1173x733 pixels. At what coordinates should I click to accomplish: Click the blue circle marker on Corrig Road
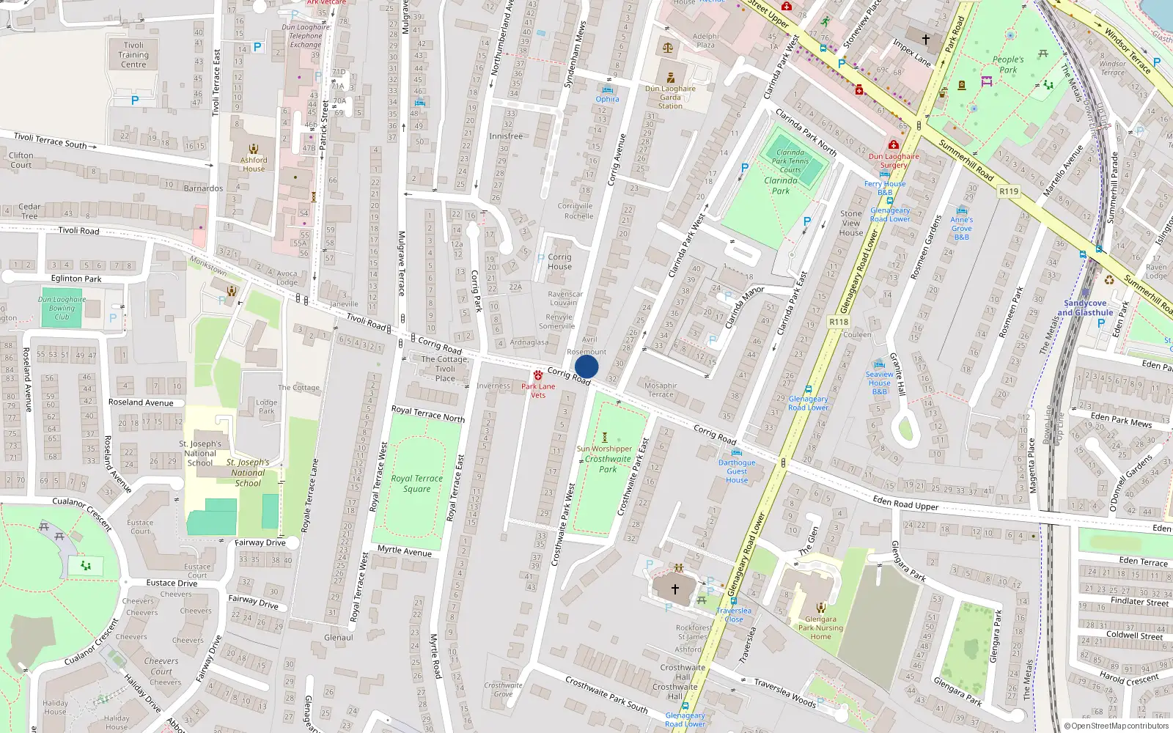coord(586,366)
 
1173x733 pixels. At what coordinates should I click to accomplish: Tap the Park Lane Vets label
coord(538,391)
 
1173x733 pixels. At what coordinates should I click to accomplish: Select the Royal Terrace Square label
coord(416,484)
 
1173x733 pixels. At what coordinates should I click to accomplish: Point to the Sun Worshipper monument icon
coord(605,438)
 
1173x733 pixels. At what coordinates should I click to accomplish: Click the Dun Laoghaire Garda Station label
coord(670,97)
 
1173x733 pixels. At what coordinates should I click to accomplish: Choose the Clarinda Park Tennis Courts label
coord(790,161)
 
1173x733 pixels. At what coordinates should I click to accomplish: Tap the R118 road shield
coord(839,322)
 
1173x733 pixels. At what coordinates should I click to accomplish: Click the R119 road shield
coord(1009,191)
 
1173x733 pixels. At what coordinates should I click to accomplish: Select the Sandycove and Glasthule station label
coord(1085,308)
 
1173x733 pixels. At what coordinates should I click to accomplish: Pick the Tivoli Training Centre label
coord(133,55)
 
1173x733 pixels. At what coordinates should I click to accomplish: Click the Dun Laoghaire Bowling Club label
coord(62,308)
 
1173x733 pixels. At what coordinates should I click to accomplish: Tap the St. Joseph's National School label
coord(200,453)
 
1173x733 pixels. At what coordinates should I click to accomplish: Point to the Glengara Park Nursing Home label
coord(820,627)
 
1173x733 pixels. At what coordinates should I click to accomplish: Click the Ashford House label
coord(254,164)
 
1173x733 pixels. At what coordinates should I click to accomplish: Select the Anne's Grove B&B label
coord(962,228)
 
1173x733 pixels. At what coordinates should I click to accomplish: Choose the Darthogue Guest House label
coord(737,471)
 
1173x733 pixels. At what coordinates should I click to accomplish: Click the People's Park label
coord(1008,65)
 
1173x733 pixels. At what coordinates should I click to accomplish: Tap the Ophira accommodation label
coord(607,99)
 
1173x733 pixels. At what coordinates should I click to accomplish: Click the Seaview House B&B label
coord(880,383)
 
